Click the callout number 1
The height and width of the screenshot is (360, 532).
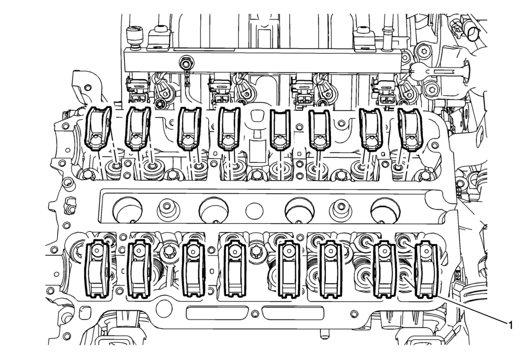coord(509,326)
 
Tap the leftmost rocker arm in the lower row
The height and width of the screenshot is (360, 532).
coord(97,269)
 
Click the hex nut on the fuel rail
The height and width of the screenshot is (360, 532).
coord(185,63)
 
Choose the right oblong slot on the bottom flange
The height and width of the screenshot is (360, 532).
coord(293,312)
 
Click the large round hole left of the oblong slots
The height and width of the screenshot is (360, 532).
coord(166,309)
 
